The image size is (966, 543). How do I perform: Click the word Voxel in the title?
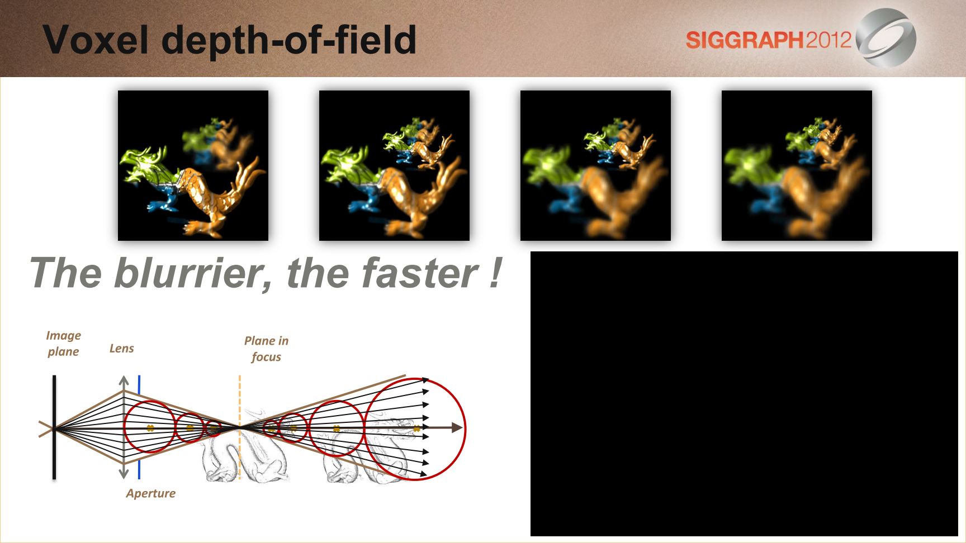point(96,40)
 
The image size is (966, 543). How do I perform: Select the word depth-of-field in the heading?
point(289,40)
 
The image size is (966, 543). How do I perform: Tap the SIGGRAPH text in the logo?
point(745,40)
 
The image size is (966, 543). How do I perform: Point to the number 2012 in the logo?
point(828,40)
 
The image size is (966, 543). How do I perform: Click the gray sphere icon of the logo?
point(886,38)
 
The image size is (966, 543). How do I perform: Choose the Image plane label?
point(63,344)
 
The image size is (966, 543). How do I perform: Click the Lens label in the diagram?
point(122,349)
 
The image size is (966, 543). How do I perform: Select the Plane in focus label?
point(266,349)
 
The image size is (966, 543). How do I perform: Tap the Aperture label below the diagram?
point(151,493)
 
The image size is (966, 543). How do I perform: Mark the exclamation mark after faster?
point(495,273)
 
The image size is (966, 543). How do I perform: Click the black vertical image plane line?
point(54,427)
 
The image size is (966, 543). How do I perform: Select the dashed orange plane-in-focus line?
point(240,427)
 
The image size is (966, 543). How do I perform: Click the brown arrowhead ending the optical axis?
point(457,428)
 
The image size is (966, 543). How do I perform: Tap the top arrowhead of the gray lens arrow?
point(124,380)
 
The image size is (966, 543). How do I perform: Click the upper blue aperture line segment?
point(139,385)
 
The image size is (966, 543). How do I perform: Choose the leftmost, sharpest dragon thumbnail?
point(193,165)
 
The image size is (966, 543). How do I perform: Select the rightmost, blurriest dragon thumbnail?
point(797,165)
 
